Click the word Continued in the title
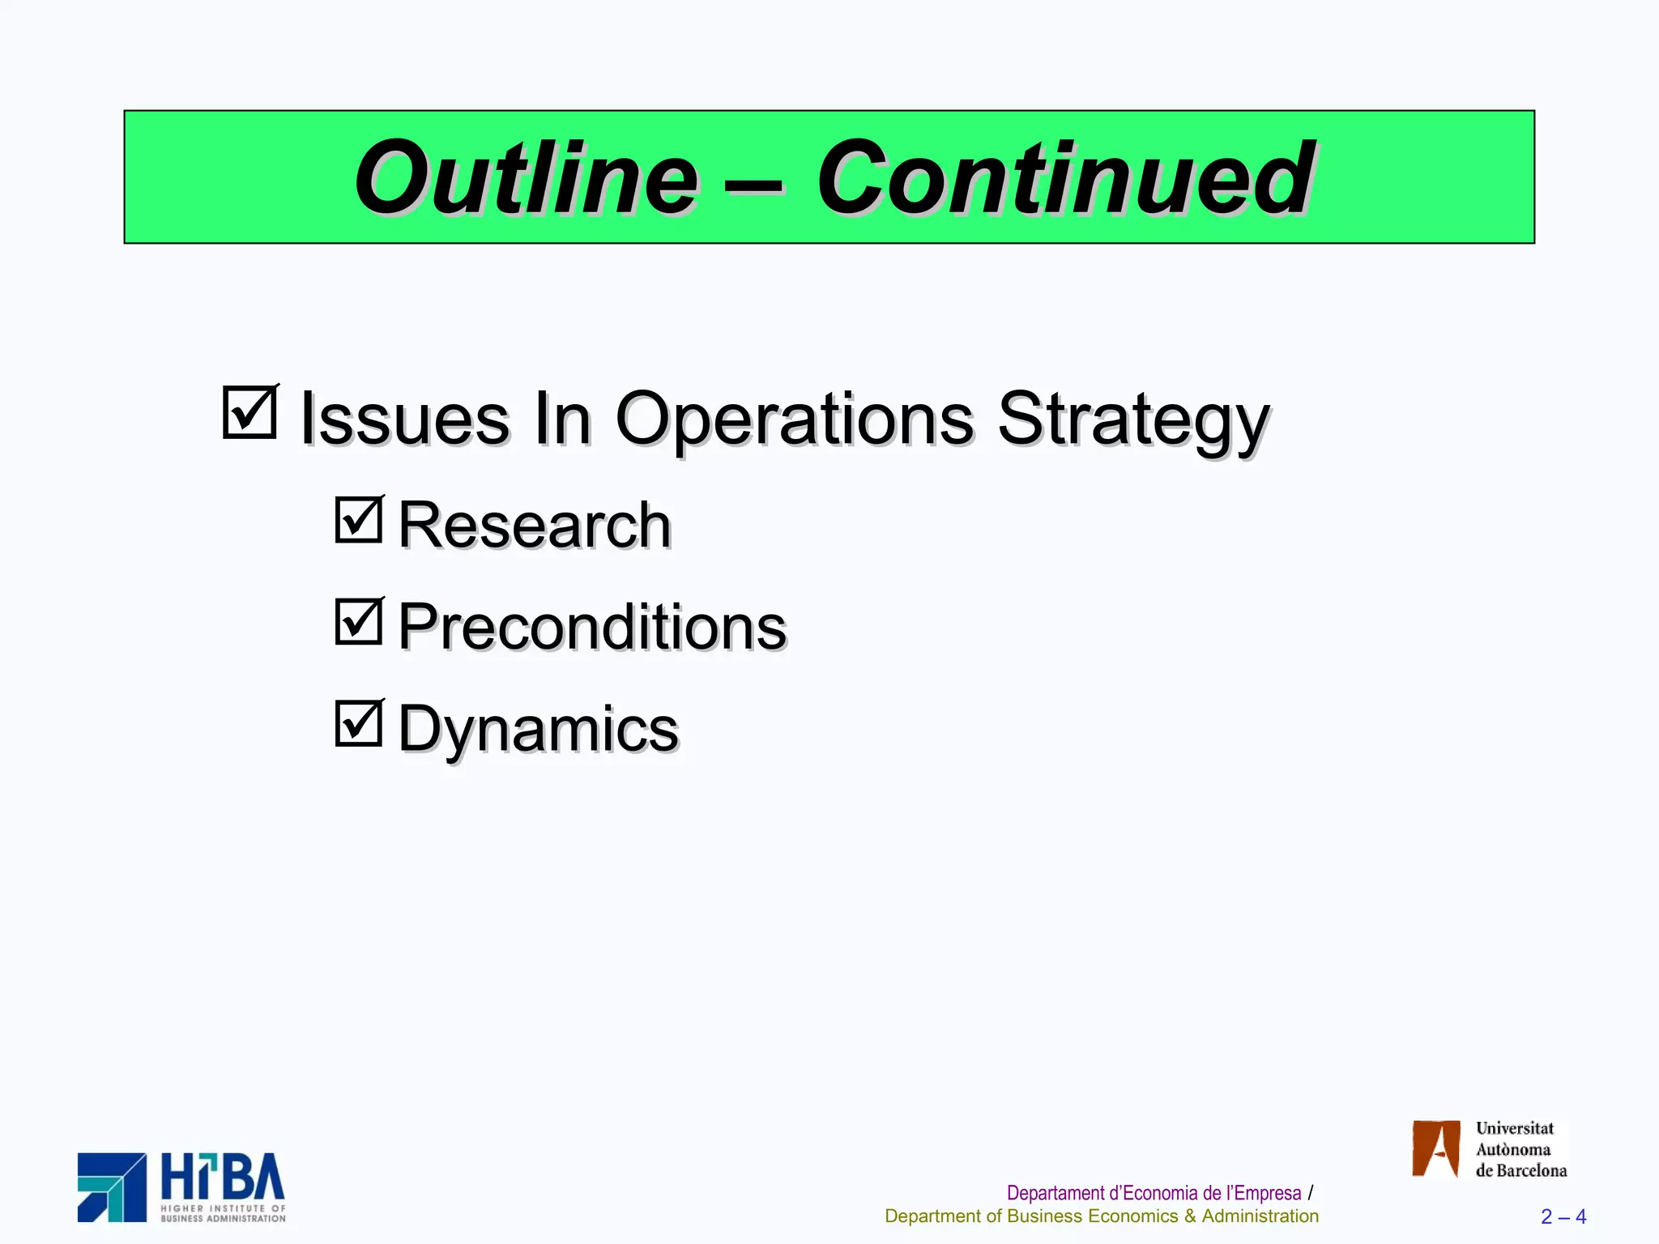pos(1064,178)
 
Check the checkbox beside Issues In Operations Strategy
pos(250,413)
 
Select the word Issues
pos(404,419)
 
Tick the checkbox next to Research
pos(359,520)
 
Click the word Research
pos(535,526)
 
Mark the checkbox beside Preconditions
pos(359,622)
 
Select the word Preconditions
pos(592,628)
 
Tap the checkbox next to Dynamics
pos(359,723)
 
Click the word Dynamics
pos(538,729)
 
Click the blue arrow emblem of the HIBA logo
pos(112,1187)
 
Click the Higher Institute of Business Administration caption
pos(223,1213)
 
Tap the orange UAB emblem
pos(1435,1148)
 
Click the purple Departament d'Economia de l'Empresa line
pos(1154,1193)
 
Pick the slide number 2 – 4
pos(1563,1217)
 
